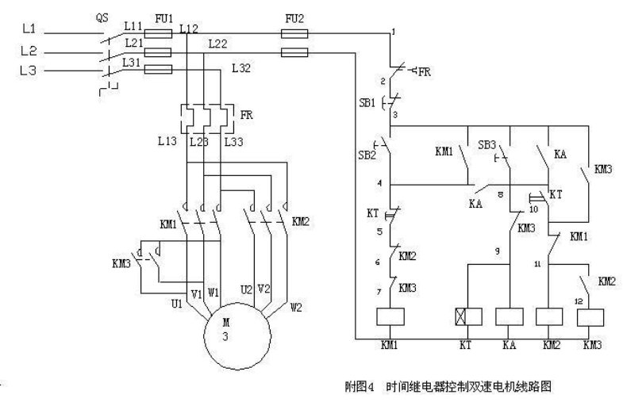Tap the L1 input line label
(x=29, y=29)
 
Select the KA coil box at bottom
(x=508, y=316)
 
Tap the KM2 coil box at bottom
(x=549, y=316)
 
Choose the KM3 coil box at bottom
(x=592, y=316)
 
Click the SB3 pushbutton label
(x=486, y=146)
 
